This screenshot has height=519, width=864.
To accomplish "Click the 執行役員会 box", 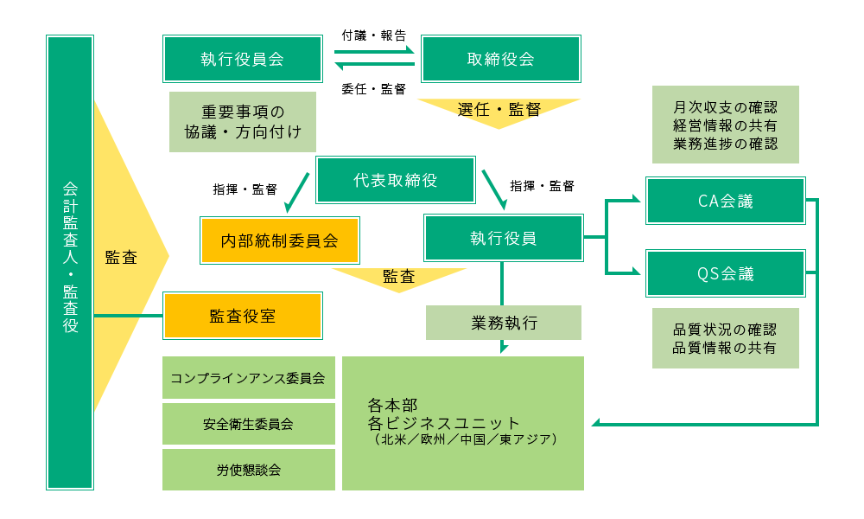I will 243,59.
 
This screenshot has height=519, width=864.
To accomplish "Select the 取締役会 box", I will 500,59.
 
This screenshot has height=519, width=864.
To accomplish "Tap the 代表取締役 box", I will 396,181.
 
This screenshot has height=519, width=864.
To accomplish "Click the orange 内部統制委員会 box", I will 278,240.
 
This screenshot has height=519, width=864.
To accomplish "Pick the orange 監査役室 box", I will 243,316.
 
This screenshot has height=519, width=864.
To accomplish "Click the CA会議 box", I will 725,202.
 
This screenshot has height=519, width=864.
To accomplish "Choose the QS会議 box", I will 725,274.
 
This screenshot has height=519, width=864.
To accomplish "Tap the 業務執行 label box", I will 504,323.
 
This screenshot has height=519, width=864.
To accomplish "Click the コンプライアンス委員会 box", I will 248,378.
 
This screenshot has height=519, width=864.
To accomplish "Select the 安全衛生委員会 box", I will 248,424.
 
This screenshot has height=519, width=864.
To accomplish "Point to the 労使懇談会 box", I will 248,470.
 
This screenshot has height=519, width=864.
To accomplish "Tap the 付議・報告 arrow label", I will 373,35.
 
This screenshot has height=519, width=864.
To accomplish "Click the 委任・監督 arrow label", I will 373,88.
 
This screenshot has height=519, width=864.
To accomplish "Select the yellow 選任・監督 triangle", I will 499,110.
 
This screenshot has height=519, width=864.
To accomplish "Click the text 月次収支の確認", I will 725,108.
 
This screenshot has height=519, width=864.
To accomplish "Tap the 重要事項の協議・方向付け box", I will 243,122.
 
